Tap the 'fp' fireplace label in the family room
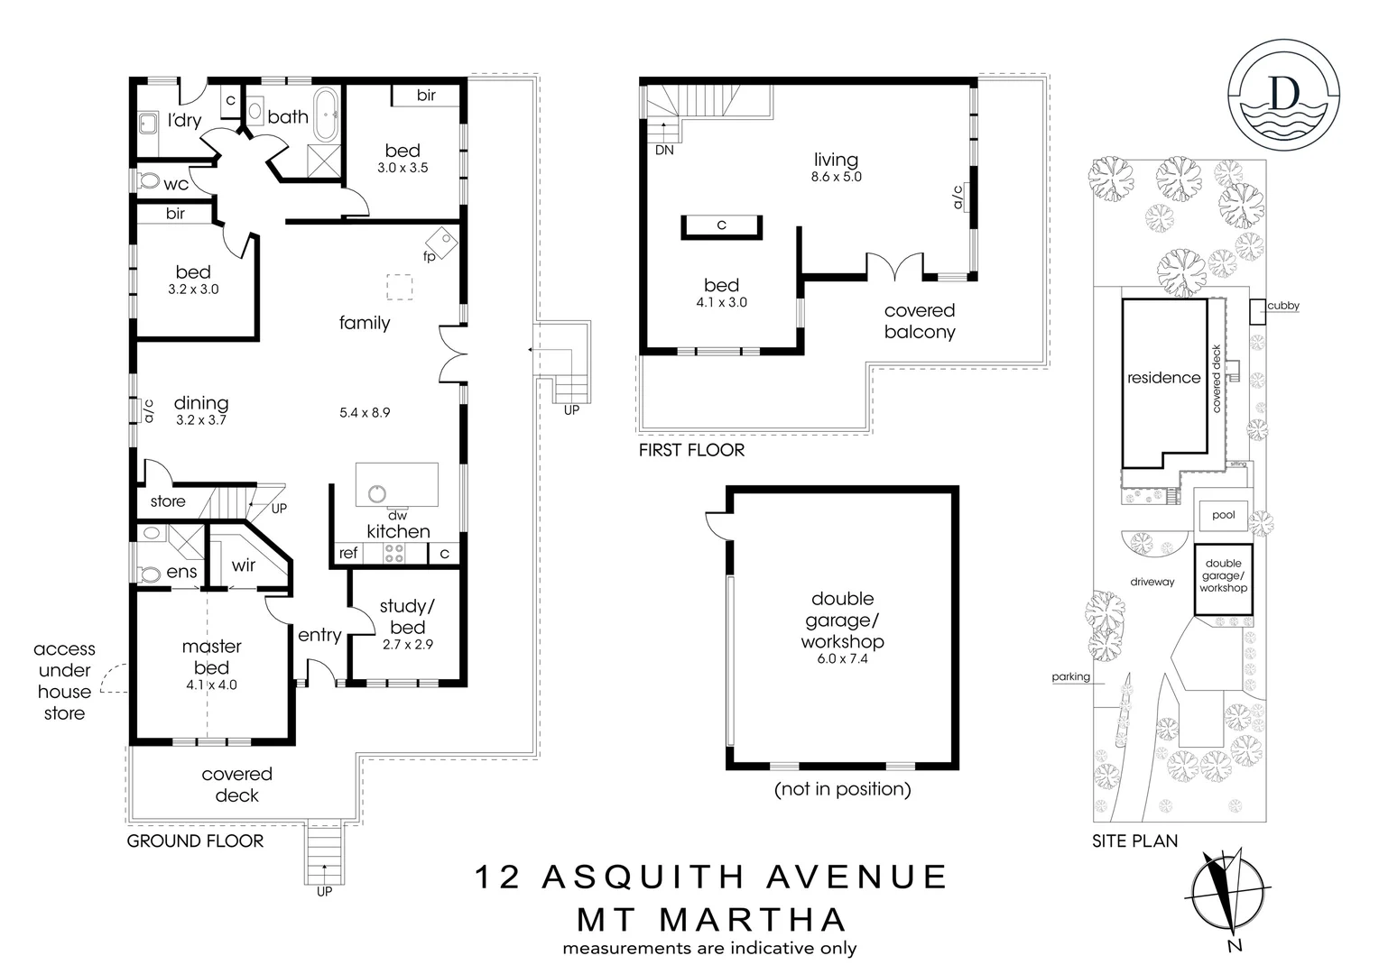pos(430,257)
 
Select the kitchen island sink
pos(376,493)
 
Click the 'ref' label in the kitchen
pos(348,554)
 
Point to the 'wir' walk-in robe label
pos(244,565)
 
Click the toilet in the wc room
pos(148,181)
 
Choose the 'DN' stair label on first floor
pos(664,151)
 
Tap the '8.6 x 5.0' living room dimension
pos(836,178)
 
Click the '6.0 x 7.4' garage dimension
pos(842,659)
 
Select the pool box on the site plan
pos(1223,515)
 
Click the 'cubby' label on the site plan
pos(1282,306)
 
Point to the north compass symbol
pos(1225,896)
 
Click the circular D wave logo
pos(1283,95)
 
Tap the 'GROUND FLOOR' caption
pos(195,841)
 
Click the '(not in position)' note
pos(842,789)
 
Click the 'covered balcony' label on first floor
pos(920,321)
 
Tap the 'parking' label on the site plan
pos(1070,676)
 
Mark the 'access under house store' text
pos(64,681)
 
